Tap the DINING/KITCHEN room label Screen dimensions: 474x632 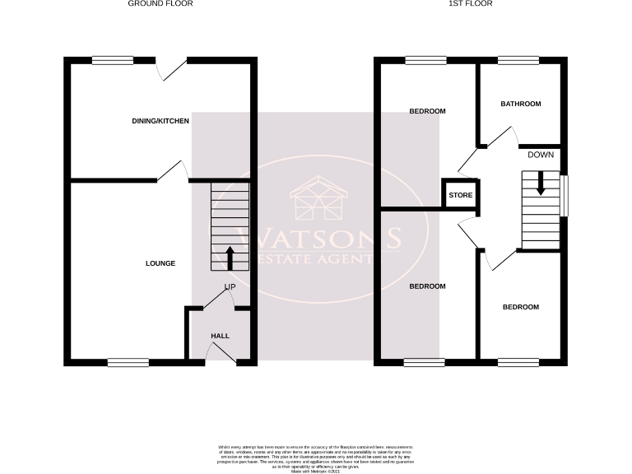(160, 122)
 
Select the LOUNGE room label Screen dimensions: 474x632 (160, 263)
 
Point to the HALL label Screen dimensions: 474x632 (221, 336)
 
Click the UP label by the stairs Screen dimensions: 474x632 (230, 287)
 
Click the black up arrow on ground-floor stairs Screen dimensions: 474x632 (230, 258)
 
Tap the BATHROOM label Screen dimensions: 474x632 (521, 105)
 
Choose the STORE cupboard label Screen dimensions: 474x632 (461, 196)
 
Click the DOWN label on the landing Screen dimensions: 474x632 (541, 155)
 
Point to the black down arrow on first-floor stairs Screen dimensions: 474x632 (541, 183)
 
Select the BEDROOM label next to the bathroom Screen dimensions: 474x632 (428, 111)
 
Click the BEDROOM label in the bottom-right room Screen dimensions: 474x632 (521, 307)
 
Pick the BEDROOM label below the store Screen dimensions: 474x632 (428, 286)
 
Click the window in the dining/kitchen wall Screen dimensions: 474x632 (112, 59)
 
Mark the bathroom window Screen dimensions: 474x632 (518, 59)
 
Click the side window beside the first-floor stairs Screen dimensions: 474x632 (565, 195)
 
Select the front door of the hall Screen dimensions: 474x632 (221, 354)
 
